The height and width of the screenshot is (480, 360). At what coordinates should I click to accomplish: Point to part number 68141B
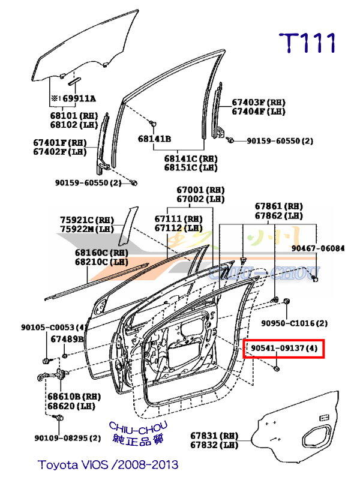coord(154,139)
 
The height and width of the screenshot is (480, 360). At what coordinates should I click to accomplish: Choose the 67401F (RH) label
coord(60,143)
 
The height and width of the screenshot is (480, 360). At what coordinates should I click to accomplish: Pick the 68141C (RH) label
coord(191,159)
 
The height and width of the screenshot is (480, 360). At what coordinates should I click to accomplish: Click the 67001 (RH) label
coord(200,189)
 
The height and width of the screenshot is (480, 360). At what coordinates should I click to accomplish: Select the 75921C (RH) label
coord(86,220)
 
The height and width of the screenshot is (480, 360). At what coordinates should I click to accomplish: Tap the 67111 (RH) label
coord(178,219)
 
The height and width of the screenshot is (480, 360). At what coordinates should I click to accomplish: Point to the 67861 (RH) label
coord(278,206)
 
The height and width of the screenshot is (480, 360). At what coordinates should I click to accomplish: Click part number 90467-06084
coord(318,248)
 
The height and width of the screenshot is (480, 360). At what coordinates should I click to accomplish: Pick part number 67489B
coord(67,339)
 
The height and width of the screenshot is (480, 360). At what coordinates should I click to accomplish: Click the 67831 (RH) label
coord(214,435)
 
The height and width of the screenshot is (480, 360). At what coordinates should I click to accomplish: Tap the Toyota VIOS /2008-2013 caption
coord(108,464)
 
